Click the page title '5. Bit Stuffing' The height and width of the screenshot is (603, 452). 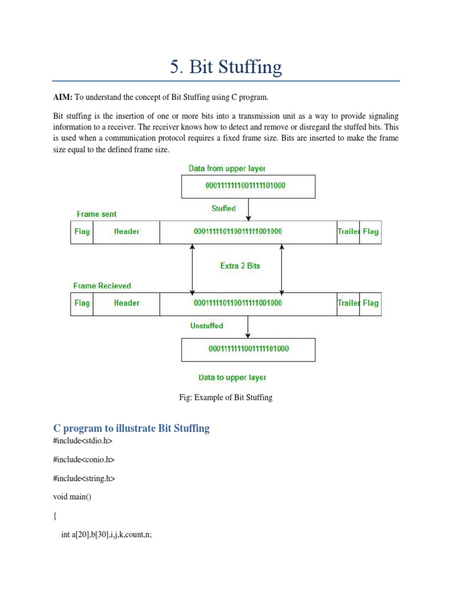point(226,67)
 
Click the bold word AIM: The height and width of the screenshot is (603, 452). point(62,97)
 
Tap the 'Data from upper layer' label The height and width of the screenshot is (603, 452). point(227,168)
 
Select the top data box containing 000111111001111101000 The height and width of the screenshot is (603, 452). point(248,186)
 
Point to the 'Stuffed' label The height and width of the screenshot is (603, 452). point(224,208)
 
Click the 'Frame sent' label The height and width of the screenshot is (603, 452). point(97,214)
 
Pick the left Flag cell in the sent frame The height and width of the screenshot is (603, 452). point(82,231)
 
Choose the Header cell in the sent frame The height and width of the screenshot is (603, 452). point(127,231)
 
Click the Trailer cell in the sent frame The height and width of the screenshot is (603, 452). point(348,231)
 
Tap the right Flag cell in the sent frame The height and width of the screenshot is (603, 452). point(370,231)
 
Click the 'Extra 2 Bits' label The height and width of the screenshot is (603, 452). point(240,266)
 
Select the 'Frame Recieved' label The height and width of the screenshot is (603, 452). point(102,286)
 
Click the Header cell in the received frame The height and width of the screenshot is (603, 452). point(127,303)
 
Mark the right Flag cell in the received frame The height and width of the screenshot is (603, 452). point(370,303)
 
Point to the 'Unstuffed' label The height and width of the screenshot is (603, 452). point(207,326)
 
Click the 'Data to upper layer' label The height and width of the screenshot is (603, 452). point(232,377)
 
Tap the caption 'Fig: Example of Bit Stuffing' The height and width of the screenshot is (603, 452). point(226,397)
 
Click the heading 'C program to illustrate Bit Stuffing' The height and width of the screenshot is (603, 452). point(131,428)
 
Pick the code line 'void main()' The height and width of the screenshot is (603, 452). point(72,496)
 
